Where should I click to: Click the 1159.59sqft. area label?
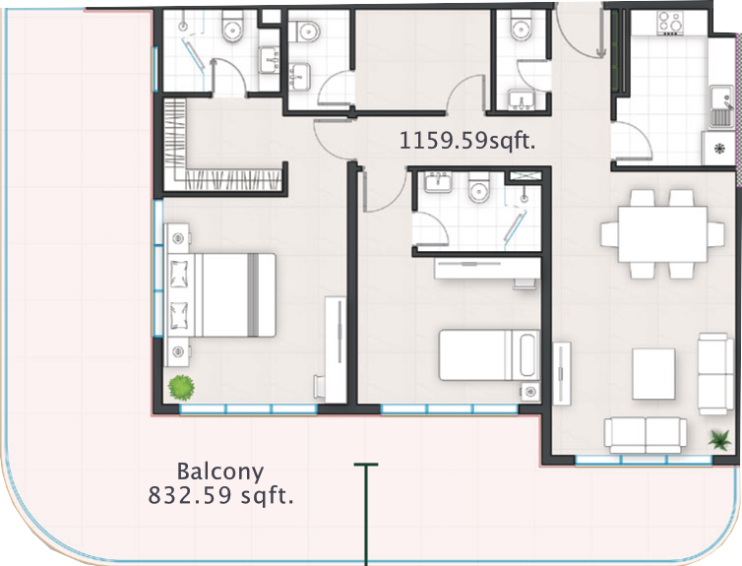point(467,141)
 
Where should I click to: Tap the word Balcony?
point(220,472)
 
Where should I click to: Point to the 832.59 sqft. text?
point(220,495)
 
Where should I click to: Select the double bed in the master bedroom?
point(221,295)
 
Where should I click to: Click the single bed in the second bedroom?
point(489,355)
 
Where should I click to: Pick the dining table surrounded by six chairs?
point(662,234)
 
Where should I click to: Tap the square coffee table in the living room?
point(654,374)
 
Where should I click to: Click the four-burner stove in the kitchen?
point(670,23)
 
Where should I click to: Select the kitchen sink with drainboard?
point(721,107)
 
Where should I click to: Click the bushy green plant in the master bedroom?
point(181,388)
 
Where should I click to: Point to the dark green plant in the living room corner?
point(719,440)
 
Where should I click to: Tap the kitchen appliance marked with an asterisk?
point(719,149)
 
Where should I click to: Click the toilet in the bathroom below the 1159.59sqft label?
point(479,187)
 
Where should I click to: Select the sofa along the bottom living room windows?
point(646,435)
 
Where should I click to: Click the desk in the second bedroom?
point(488,269)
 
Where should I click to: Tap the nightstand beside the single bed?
point(530,392)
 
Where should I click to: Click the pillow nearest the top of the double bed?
point(179,275)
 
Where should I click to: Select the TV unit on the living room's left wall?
point(562,373)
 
